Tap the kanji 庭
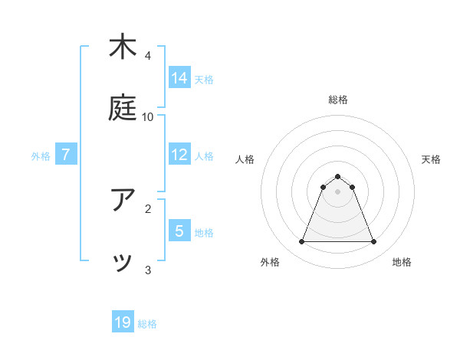click(x=123, y=108)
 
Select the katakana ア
click(x=123, y=200)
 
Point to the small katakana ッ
click(x=123, y=263)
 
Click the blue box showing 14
click(x=179, y=77)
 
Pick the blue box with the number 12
click(x=179, y=155)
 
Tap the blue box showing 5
click(x=179, y=231)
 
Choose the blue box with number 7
click(x=66, y=155)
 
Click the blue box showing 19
click(x=123, y=322)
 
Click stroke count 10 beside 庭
click(x=148, y=116)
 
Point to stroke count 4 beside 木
click(x=148, y=55)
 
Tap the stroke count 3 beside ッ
click(x=148, y=270)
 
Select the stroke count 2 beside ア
click(x=148, y=208)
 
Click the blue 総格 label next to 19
click(x=147, y=324)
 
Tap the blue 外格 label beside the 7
click(x=41, y=156)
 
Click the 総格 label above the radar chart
click(x=337, y=100)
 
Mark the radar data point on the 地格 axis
click(x=373, y=242)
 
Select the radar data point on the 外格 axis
click(x=301, y=242)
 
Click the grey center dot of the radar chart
click(x=337, y=191)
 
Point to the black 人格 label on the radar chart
click(x=245, y=159)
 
